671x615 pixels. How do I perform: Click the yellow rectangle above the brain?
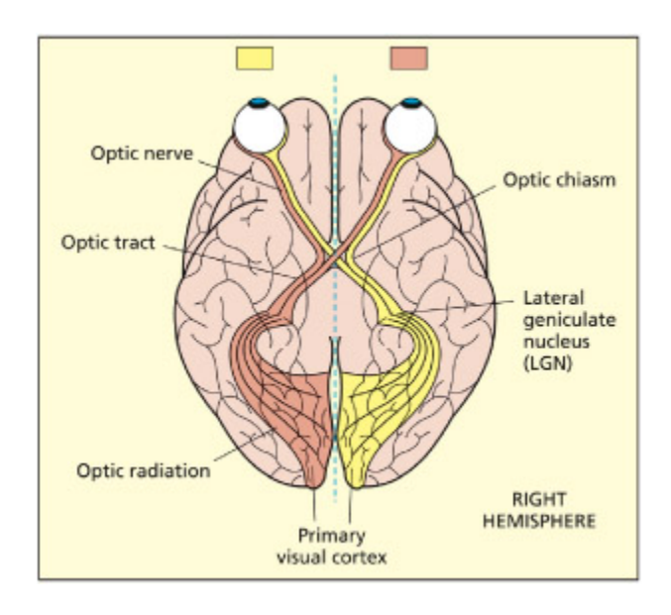(x=255, y=58)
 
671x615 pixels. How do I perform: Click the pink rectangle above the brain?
(x=409, y=58)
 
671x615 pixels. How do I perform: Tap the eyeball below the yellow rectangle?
(x=258, y=125)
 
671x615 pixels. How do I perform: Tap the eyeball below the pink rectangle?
(x=409, y=125)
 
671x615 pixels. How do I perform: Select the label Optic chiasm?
(x=550, y=180)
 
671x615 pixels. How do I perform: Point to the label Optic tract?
(x=108, y=242)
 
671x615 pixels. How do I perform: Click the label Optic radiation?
(x=144, y=470)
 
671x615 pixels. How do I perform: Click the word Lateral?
(x=547, y=296)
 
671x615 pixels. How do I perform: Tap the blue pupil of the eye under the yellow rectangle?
(x=258, y=102)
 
